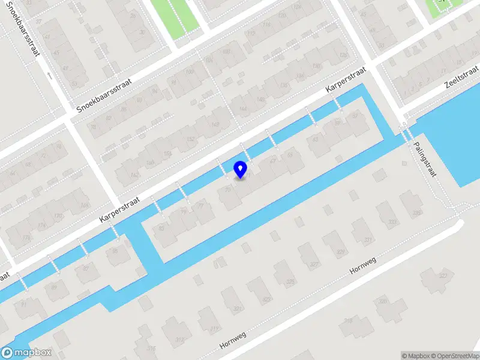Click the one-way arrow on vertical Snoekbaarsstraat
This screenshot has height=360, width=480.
49,76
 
